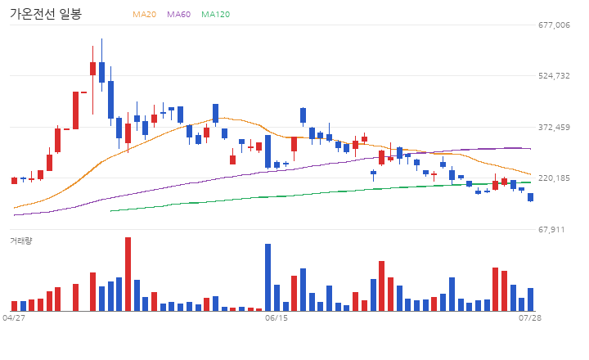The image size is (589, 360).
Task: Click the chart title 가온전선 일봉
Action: (46, 14)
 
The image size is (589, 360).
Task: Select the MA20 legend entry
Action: (144, 14)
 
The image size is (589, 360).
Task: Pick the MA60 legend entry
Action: (179, 14)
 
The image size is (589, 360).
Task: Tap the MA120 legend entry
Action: (216, 14)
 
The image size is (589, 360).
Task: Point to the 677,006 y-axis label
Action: (554, 25)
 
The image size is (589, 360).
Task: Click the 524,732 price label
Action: (554, 76)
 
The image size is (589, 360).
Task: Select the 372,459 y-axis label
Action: (554, 128)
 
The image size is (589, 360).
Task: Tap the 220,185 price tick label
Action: (554, 178)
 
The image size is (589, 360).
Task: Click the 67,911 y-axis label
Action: (551, 230)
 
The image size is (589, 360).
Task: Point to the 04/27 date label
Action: (14, 318)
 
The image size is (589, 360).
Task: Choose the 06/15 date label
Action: (277, 318)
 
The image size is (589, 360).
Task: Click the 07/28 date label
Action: (530, 318)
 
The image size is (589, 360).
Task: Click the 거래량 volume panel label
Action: (21, 241)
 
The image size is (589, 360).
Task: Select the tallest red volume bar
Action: (128, 274)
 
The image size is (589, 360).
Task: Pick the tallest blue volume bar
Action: (268, 277)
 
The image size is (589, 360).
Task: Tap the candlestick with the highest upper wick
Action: (101, 72)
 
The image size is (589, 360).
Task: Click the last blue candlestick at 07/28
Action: (530, 197)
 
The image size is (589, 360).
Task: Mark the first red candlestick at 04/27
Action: (14, 180)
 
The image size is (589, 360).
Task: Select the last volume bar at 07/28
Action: (530, 299)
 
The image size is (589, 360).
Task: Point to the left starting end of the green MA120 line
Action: (110, 211)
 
